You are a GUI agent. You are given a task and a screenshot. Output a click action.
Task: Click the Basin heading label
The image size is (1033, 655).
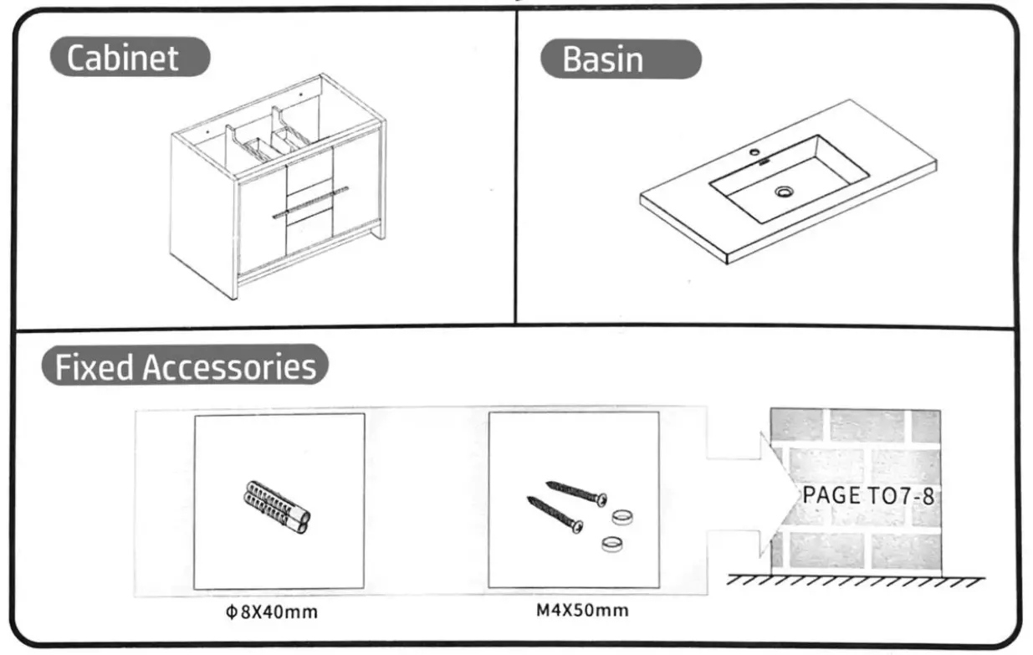point(602,60)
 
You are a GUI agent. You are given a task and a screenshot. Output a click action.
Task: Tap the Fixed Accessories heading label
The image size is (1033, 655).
point(186,366)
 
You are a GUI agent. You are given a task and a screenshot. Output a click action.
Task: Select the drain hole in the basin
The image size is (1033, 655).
point(783,192)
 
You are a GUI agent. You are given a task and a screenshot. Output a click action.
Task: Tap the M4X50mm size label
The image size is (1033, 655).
point(582,610)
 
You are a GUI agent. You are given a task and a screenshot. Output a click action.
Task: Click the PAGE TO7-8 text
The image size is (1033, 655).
point(867,494)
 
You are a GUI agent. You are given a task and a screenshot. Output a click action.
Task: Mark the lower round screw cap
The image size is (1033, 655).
point(612,545)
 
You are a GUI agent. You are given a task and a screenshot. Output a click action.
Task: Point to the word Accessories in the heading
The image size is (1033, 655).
point(230,366)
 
